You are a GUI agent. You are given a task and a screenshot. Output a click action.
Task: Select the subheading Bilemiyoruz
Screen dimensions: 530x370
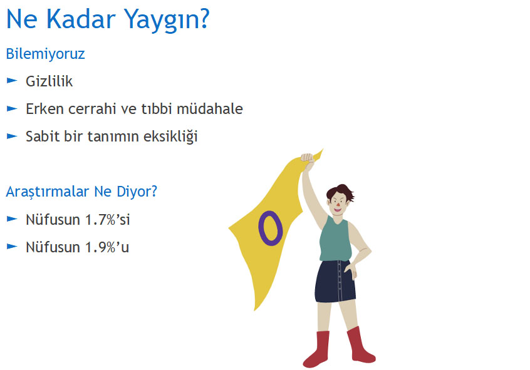click(45, 54)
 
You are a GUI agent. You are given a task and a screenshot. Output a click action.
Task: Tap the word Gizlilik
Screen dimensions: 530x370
click(49, 81)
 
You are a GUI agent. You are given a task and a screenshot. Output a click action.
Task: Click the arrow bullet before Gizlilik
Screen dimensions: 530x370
click(12, 80)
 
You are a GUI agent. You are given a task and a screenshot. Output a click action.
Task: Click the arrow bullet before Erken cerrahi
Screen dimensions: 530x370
click(12, 108)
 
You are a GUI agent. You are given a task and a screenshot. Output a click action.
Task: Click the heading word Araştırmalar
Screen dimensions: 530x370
click(47, 192)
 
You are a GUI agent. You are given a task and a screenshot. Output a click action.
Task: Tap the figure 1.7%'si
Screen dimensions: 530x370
click(108, 220)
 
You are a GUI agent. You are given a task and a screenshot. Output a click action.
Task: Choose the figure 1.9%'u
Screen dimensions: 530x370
click(107, 247)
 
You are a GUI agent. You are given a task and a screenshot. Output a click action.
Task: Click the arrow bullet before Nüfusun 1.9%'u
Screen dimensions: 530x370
click(12, 247)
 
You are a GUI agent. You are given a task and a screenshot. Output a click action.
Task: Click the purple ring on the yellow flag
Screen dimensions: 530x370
click(259, 228)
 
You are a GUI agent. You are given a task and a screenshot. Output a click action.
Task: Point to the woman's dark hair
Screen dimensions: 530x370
click(340, 191)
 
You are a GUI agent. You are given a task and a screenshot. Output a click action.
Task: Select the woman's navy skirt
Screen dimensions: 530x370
click(335, 281)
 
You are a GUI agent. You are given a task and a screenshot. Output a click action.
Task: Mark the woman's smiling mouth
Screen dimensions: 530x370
click(338, 209)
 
